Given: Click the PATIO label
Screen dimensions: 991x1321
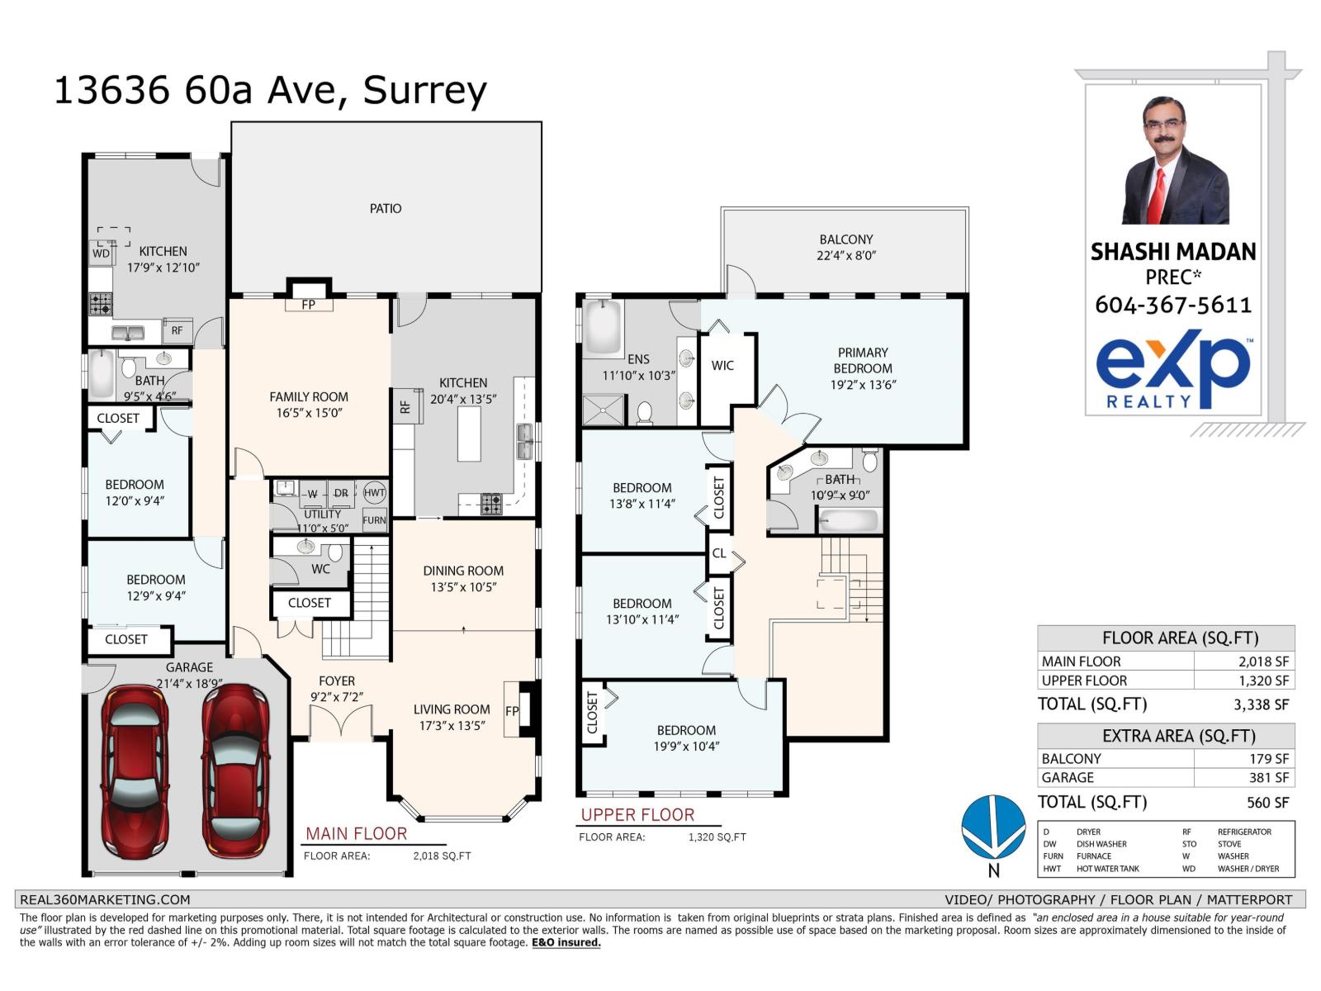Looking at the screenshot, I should point(385,209).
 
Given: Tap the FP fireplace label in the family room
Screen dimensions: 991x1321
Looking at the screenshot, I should point(308,305).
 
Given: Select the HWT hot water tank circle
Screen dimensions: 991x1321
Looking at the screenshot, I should point(374,493).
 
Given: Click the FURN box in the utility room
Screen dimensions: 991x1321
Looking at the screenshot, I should point(374,519).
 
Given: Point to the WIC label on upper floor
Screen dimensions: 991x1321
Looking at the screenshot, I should point(722,365).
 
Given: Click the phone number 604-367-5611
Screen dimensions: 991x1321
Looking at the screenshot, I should point(1172,305).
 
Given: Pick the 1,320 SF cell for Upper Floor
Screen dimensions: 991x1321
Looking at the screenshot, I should point(1243,680).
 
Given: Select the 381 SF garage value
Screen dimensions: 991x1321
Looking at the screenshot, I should point(1243,778).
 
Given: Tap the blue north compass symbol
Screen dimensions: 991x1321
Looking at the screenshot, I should point(993,827).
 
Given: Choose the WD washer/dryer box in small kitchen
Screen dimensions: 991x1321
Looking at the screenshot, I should point(102,254).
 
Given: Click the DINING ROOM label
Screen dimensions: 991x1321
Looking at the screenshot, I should point(462,571).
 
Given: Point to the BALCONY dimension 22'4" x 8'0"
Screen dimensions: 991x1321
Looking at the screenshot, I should point(845,256).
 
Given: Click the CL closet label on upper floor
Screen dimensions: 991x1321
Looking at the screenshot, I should point(719,553).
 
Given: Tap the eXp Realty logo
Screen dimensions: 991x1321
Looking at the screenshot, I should point(1172,372).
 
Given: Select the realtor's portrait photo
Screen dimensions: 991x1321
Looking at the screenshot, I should point(1174,160).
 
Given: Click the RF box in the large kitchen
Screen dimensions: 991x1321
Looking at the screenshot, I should point(405,406).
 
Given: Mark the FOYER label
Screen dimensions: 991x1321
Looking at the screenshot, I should point(337,681).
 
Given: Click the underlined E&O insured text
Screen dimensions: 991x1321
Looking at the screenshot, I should point(566,942).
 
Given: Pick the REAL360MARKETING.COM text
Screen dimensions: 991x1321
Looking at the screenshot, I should point(105,899).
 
